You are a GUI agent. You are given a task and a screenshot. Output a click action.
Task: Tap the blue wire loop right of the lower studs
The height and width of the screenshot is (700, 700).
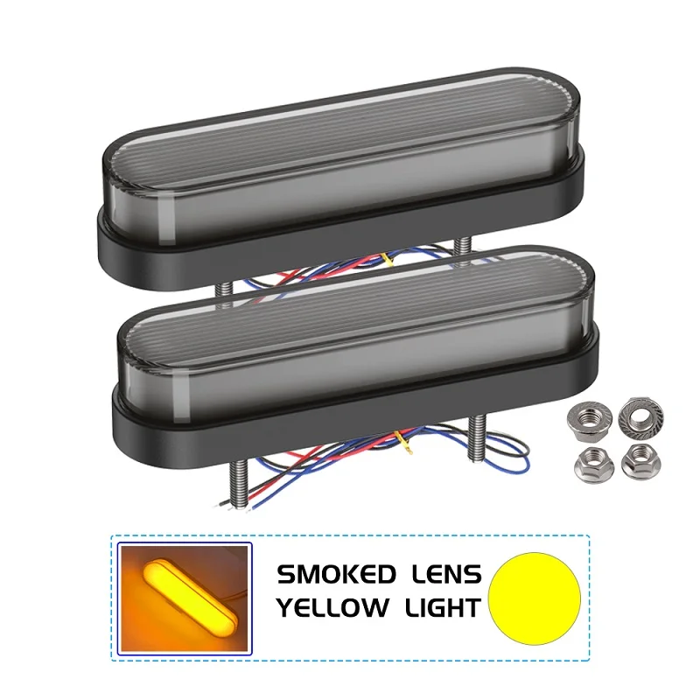[x=516, y=459]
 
